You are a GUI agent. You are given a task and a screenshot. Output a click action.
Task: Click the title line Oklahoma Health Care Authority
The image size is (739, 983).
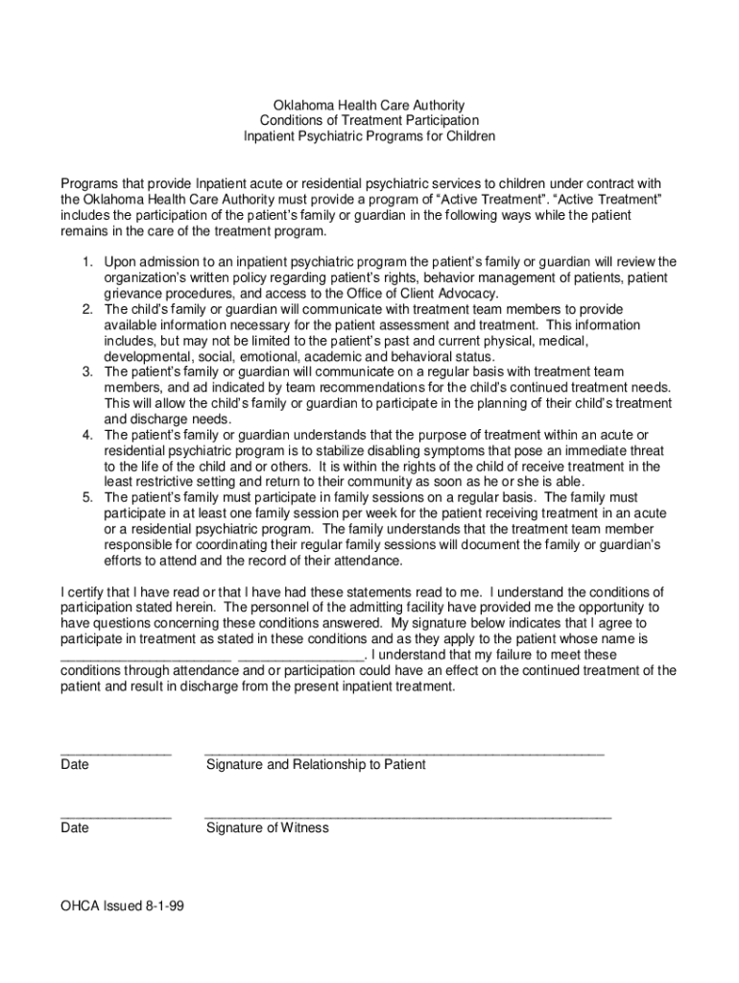click(x=369, y=104)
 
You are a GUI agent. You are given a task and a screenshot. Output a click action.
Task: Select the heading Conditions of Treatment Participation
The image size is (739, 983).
click(x=369, y=120)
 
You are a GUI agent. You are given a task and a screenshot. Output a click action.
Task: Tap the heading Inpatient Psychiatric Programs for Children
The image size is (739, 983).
click(x=369, y=136)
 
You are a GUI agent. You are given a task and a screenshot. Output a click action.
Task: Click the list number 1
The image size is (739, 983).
click(x=85, y=261)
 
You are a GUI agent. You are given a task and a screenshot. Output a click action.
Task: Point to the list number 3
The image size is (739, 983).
click(x=85, y=371)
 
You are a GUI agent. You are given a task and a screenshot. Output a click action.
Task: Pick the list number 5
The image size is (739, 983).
click(x=85, y=497)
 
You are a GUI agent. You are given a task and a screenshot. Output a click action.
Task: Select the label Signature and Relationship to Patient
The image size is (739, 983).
click(x=316, y=764)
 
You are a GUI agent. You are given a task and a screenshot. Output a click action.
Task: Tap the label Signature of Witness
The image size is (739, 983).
click(x=267, y=827)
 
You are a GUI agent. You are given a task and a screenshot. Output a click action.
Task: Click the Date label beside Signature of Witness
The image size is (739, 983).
click(x=74, y=827)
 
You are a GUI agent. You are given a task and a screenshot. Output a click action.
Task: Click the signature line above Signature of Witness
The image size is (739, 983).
click(x=407, y=816)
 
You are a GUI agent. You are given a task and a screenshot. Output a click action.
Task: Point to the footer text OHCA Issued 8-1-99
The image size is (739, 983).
click(x=122, y=904)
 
